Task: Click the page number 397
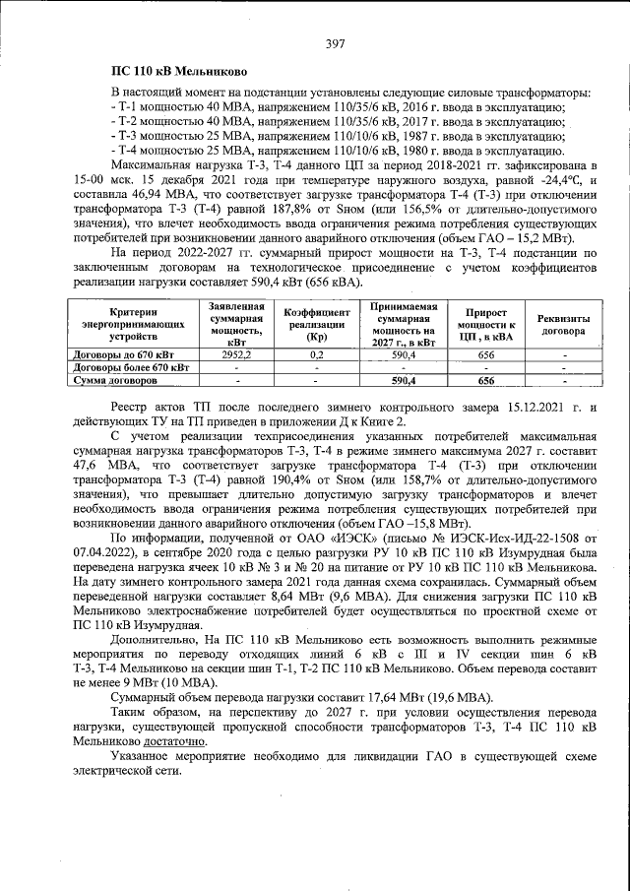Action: pyautogui.click(x=334, y=43)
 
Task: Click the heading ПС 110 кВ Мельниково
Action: pyautogui.click(x=172, y=72)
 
